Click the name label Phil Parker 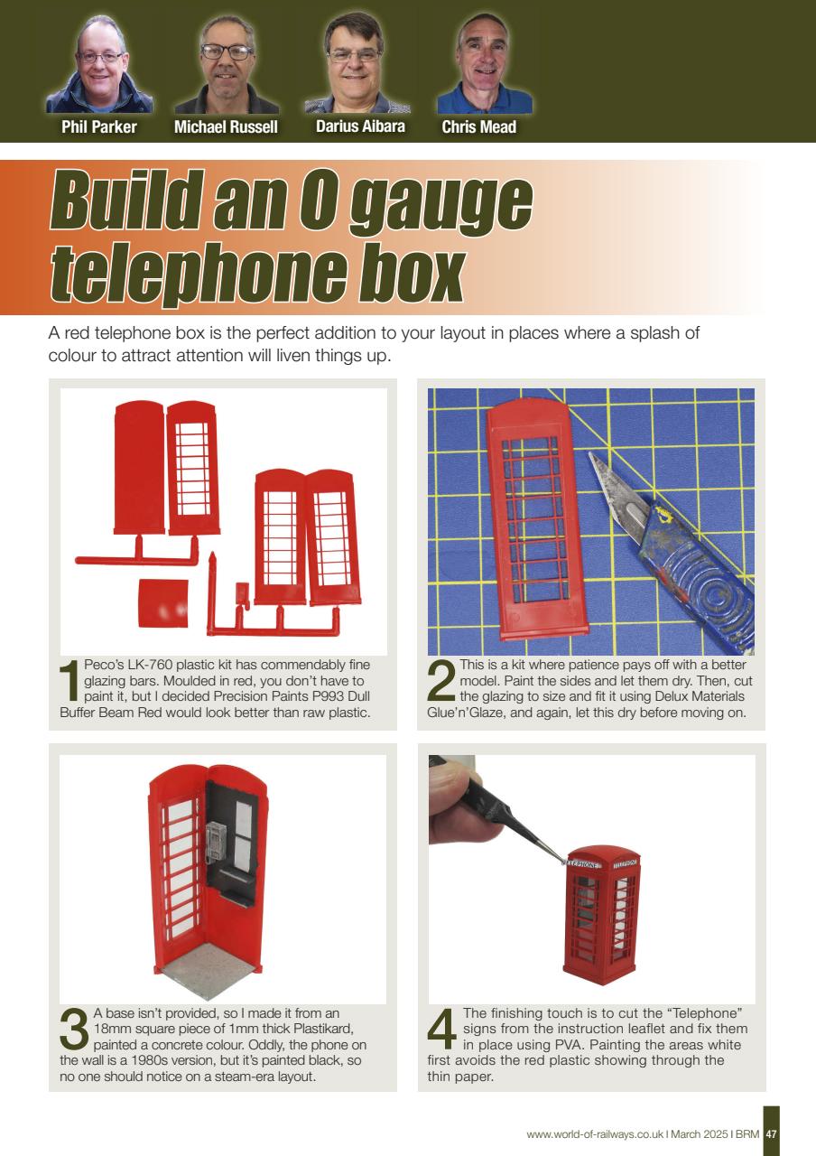99,127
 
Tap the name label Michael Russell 226,127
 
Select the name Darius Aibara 360,126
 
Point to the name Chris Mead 478,127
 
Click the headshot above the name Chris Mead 484,63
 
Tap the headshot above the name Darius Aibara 356,63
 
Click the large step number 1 70,681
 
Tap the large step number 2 441,681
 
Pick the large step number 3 75,1029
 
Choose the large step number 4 442,1029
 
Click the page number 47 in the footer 771,1134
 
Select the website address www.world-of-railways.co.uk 594,1134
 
